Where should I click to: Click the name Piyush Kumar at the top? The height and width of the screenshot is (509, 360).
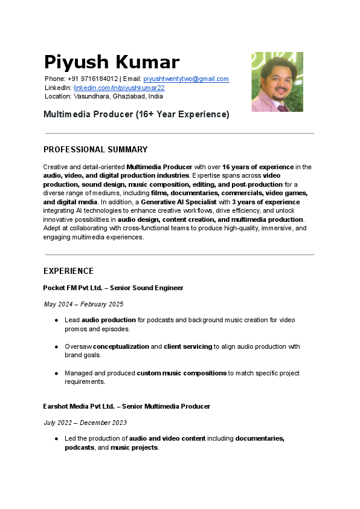pyautogui.click(x=112, y=62)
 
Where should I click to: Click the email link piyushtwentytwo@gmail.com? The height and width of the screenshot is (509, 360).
pyautogui.click(x=186, y=79)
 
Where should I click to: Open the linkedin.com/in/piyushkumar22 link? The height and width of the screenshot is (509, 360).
pyautogui.click(x=119, y=88)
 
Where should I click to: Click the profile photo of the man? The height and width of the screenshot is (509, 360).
pyautogui.click(x=277, y=82)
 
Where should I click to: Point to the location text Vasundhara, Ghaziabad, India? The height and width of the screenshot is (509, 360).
pyautogui.click(x=118, y=96)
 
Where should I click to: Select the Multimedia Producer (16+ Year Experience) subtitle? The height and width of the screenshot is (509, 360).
pyautogui.click(x=137, y=114)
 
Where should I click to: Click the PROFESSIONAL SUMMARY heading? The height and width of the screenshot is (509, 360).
pyautogui.click(x=95, y=149)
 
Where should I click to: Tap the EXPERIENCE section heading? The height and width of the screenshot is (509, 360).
pyautogui.click(x=68, y=271)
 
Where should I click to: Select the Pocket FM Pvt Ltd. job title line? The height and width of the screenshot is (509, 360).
pyautogui.click(x=113, y=288)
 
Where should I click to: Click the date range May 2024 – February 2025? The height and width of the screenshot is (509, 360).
pyautogui.click(x=83, y=304)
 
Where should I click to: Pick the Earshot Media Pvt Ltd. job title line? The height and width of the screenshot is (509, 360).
pyautogui.click(x=126, y=406)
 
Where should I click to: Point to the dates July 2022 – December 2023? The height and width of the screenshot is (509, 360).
pyautogui.click(x=85, y=423)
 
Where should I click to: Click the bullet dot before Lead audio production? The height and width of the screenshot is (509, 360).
pyautogui.click(x=56, y=320)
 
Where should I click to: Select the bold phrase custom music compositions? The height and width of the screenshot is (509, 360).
pyautogui.click(x=181, y=373)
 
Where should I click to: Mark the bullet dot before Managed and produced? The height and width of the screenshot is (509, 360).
pyautogui.click(x=56, y=373)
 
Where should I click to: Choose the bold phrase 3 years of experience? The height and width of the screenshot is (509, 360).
pyautogui.click(x=266, y=202)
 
